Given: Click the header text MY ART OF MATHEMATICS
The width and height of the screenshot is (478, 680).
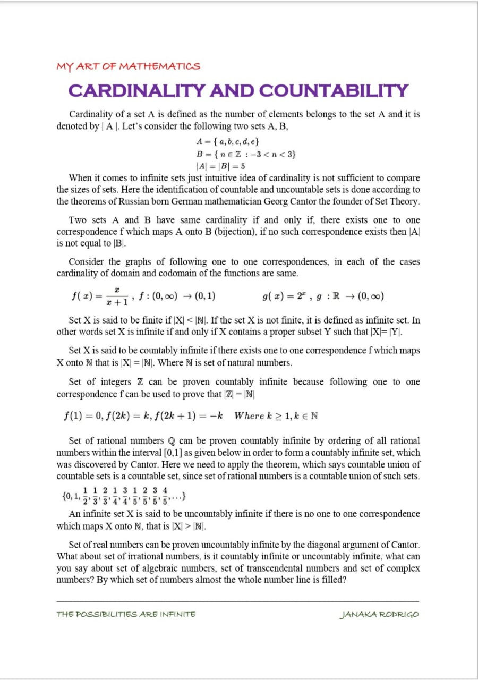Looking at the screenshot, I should [128, 66].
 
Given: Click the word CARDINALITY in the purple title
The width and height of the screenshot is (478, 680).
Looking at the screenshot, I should [136, 91].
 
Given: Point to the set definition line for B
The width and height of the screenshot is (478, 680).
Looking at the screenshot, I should [246, 154].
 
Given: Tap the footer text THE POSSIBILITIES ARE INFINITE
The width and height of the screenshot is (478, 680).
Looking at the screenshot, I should [126, 614].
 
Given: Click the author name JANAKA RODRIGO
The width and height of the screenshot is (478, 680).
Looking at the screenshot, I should [379, 614].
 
